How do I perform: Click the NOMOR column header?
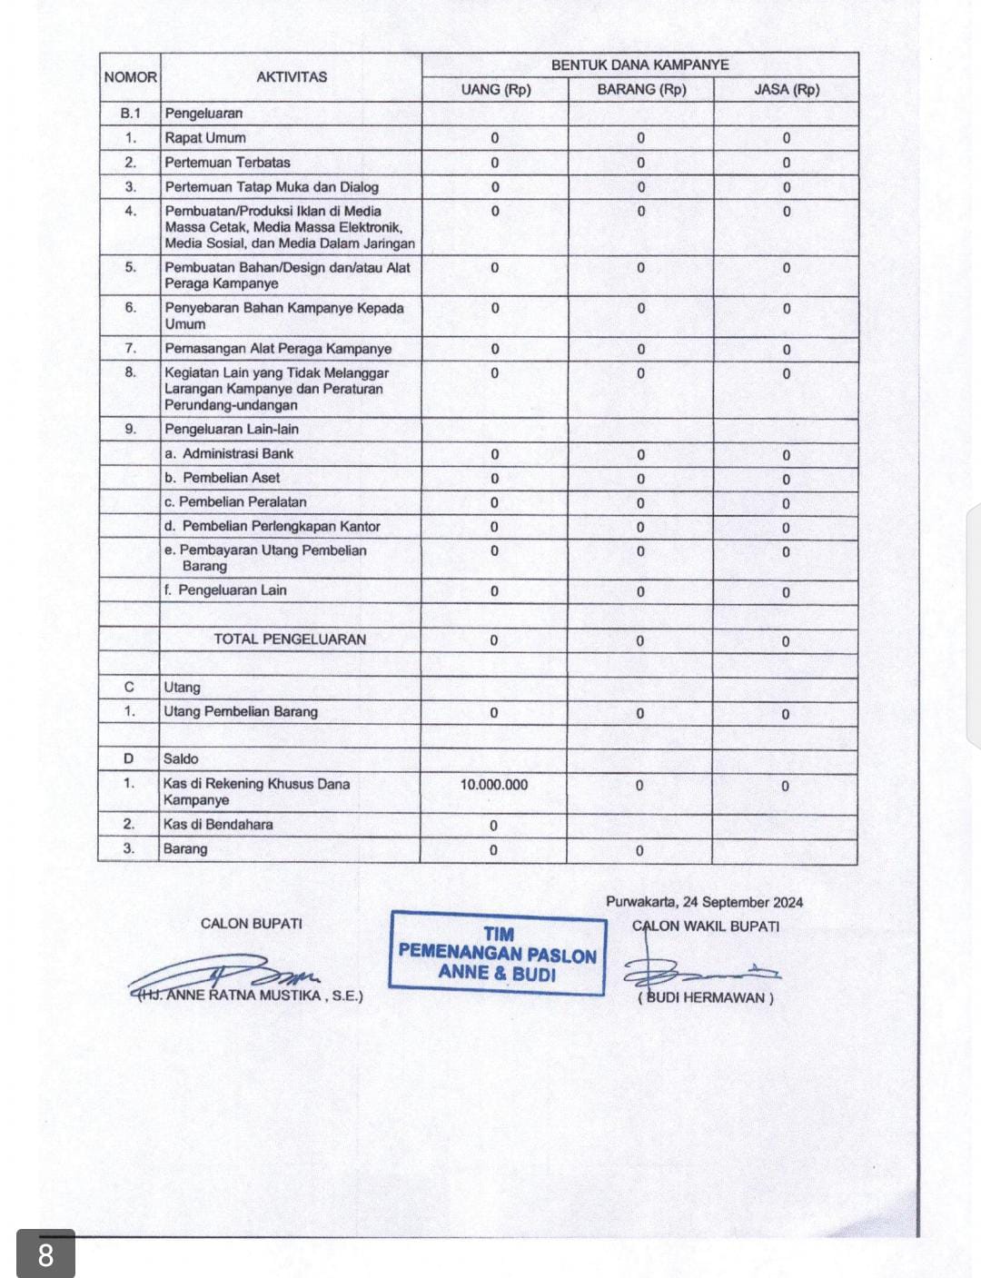coord(130,77)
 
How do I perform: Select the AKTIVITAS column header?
coord(291,77)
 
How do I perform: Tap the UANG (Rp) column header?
coord(495,89)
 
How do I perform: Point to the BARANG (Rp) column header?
coord(641,89)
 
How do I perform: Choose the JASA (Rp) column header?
coord(787,89)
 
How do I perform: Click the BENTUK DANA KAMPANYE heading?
coord(639,64)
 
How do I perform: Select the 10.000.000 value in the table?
coord(493,785)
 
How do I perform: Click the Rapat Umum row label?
coord(205,138)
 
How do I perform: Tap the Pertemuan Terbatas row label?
coord(227,163)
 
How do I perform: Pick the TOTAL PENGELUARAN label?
coord(290,639)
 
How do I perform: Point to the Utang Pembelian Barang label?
coord(241,712)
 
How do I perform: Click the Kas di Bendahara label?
coord(218,825)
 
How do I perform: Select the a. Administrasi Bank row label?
coord(229,453)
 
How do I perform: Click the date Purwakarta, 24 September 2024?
coord(704,902)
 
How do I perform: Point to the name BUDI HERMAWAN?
coord(706,997)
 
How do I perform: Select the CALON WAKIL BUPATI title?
coord(706,926)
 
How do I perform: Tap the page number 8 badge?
coord(45,1254)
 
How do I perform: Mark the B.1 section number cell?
coord(130,114)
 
